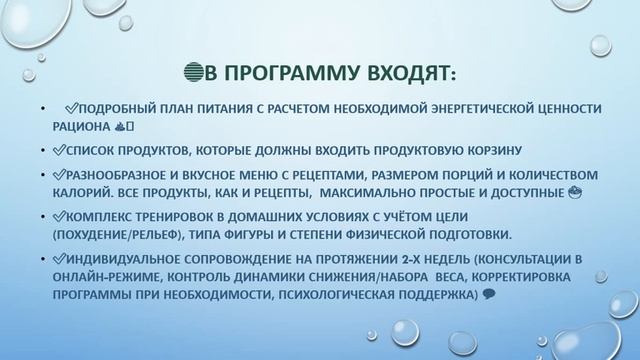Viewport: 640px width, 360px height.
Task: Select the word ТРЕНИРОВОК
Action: click(184, 217)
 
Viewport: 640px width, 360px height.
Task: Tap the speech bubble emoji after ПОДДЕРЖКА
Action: click(486, 295)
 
